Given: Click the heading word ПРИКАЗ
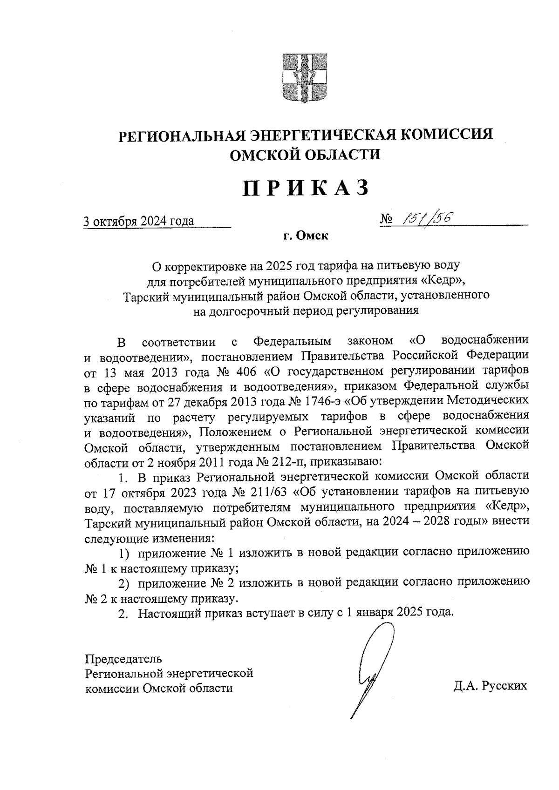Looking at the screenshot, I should coord(306,189).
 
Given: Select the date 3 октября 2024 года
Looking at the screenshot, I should coord(138,221).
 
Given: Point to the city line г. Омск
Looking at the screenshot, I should coord(306,236).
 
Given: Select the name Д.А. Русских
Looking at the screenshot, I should coord(490,686).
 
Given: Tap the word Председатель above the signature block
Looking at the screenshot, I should coord(123,659).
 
